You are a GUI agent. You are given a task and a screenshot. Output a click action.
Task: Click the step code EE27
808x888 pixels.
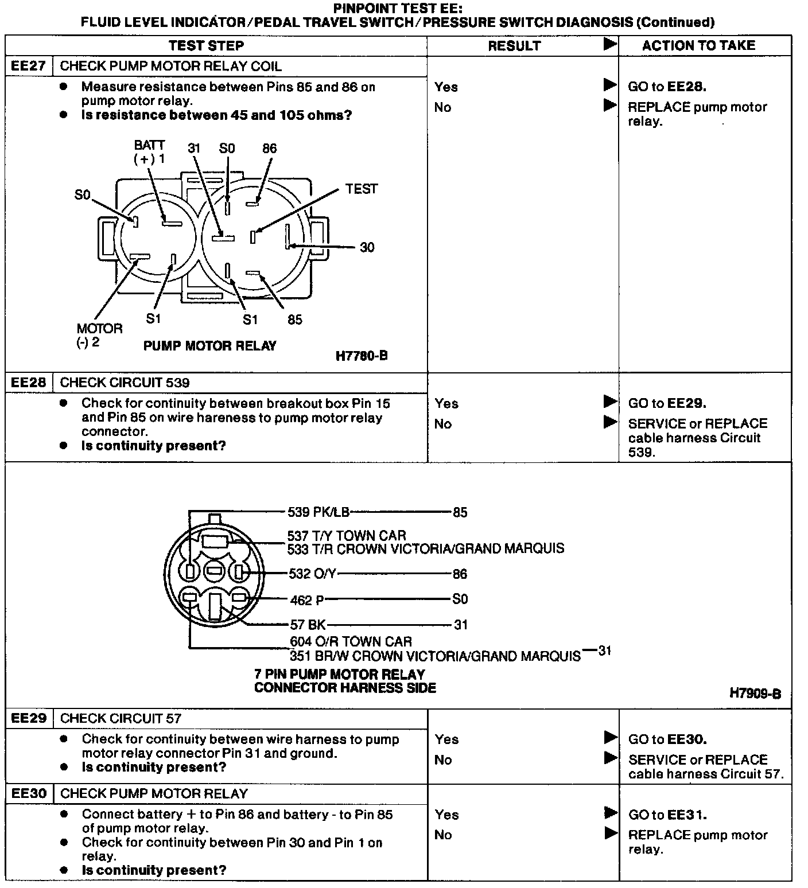click(29, 66)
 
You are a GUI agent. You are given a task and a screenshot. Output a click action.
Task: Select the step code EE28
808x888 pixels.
click(29, 383)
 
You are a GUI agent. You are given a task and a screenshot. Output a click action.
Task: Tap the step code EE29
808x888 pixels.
click(29, 718)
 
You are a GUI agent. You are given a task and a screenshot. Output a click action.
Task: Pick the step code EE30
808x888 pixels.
click(29, 794)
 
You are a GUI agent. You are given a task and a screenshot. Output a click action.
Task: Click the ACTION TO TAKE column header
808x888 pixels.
click(698, 45)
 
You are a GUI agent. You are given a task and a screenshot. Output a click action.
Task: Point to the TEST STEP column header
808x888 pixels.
click(206, 46)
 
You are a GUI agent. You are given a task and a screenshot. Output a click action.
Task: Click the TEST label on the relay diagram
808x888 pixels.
click(362, 189)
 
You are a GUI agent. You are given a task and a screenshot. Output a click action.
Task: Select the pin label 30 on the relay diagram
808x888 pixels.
click(367, 247)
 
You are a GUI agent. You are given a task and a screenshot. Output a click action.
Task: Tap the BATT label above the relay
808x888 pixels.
click(149, 145)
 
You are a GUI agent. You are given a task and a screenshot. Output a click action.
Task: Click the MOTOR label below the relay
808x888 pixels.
click(99, 329)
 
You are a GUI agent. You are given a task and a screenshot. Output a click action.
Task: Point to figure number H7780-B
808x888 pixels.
click(362, 356)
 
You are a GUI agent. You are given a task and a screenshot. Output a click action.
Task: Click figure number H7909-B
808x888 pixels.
click(755, 694)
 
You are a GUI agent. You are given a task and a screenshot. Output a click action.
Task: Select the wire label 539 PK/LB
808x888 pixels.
click(318, 512)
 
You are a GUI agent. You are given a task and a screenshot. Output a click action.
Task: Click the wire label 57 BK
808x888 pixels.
click(308, 625)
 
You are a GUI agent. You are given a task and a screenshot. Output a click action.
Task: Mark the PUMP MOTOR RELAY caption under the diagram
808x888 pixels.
click(209, 346)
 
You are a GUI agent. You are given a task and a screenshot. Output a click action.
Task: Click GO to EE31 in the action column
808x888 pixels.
click(667, 815)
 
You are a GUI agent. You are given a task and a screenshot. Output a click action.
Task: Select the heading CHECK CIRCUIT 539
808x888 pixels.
click(125, 383)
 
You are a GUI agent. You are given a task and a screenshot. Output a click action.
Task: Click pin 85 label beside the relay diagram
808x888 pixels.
click(295, 320)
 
